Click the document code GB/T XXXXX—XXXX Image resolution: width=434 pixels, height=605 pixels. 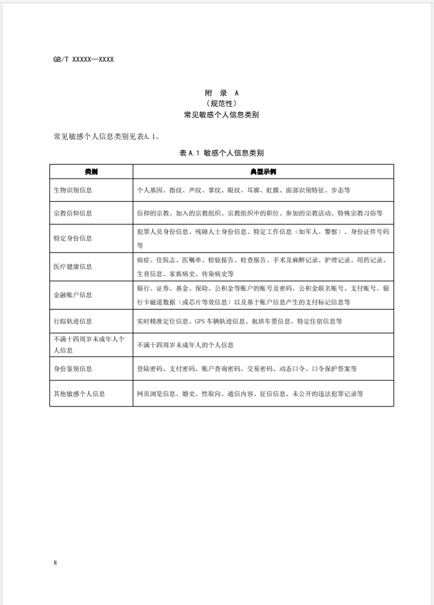[84, 60]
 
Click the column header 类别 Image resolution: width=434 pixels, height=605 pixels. [91, 171]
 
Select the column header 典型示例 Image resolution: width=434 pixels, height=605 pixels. [263, 171]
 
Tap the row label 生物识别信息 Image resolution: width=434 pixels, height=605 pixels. [73, 190]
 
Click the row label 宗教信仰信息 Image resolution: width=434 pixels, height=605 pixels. [73, 214]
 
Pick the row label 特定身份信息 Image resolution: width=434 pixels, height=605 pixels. [73, 239]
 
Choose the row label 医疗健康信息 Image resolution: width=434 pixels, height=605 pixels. [73, 267]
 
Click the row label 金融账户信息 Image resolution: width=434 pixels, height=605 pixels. [73, 295]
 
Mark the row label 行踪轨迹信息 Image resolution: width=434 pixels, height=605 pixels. [73, 322]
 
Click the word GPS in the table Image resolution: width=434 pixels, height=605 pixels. [201, 322]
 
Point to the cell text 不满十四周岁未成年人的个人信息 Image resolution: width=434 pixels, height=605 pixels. [185, 345]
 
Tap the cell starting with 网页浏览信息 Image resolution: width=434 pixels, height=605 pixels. [249, 393]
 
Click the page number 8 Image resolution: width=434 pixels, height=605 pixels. [56, 562]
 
